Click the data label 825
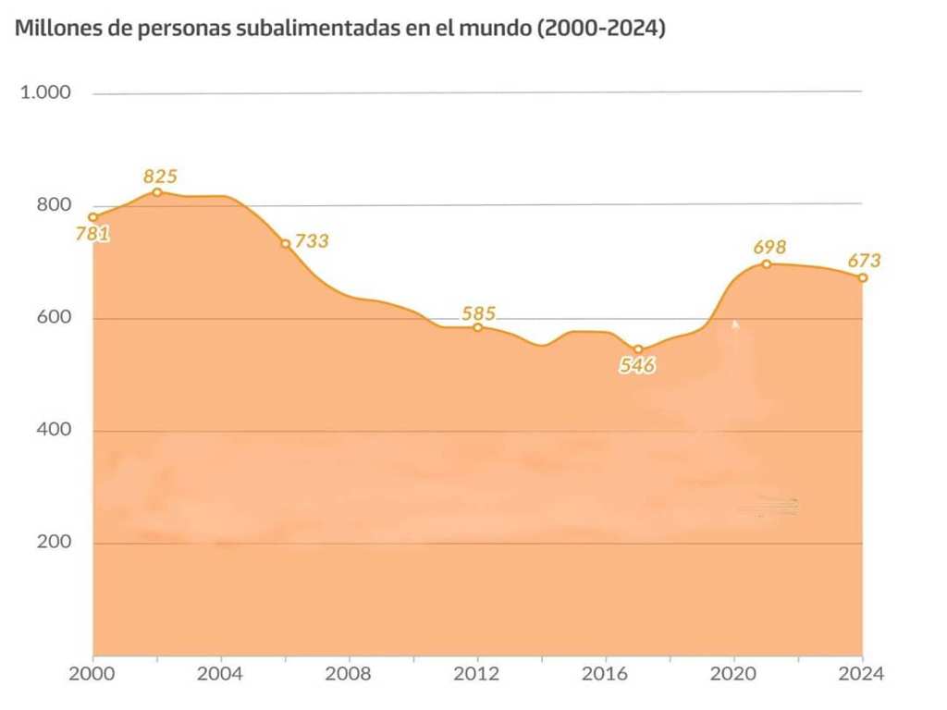tap(160, 176)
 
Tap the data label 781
tap(92, 234)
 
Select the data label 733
tap(312, 241)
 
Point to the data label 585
tap(478, 312)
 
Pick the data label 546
tap(637, 365)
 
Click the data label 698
tap(769, 247)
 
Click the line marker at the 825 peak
tap(157, 192)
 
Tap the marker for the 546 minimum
tap(638, 349)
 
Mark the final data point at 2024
tap(863, 277)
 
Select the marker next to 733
tap(286, 244)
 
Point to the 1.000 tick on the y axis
tap(45, 92)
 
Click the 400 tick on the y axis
tap(54, 430)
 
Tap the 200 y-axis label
tap(54, 543)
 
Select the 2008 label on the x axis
tap(349, 674)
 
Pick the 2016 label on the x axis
tap(606, 674)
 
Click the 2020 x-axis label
tap(734, 674)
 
